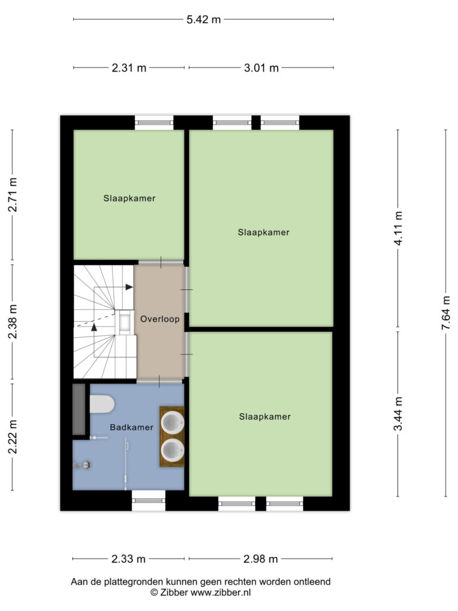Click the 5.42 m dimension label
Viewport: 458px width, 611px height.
(x=203, y=20)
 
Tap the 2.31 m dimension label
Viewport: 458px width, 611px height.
(x=129, y=68)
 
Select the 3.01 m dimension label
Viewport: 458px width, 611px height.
(x=261, y=68)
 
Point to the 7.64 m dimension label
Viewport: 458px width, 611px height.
(x=445, y=313)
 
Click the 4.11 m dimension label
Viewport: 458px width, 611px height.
(x=398, y=229)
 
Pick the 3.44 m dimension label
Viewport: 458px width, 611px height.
(x=398, y=413)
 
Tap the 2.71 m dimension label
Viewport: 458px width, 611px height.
(x=13, y=195)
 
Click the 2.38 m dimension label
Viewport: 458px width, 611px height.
(x=13, y=322)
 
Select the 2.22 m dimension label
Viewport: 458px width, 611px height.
(x=13, y=437)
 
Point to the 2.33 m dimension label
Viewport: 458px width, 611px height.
(x=129, y=558)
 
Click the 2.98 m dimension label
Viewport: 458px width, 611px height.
(x=261, y=558)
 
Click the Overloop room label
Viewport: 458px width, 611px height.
(x=160, y=319)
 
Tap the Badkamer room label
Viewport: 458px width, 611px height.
(x=132, y=427)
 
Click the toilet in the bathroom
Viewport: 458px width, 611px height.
(x=101, y=404)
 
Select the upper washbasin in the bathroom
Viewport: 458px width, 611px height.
(x=172, y=422)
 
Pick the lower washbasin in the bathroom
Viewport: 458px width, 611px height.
(x=172, y=450)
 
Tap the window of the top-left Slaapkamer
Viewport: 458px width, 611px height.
(x=154, y=122)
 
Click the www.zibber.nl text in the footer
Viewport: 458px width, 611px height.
(x=221, y=593)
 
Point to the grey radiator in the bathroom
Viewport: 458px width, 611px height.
(x=79, y=409)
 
